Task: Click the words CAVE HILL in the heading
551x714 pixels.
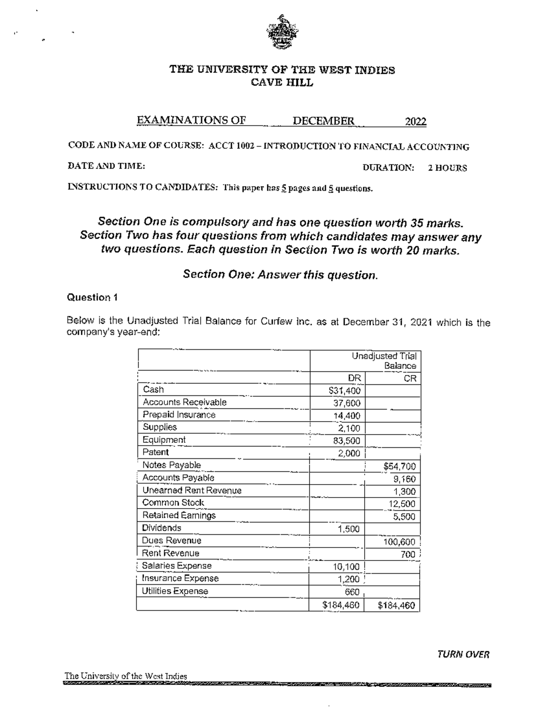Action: point(282,83)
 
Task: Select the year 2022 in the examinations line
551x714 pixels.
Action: point(415,121)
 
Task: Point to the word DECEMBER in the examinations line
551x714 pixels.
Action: point(323,121)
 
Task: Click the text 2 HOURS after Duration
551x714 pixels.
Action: point(447,168)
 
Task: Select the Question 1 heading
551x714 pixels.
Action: point(92,297)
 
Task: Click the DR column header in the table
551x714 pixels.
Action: point(354,378)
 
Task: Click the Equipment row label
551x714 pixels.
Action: point(164,440)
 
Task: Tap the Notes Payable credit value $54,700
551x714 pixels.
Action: point(399,467)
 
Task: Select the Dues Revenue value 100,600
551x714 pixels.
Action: point(399,542)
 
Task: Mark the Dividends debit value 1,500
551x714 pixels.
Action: point(349,529)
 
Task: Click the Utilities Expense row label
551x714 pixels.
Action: point(175,591)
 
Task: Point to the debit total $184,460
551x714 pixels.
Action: point(341,605)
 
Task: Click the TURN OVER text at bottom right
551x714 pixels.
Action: point(463,654)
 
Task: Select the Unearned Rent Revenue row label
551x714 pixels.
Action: point(191,491)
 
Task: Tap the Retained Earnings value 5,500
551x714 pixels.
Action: point(404,517)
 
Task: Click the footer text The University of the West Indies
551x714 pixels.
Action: point(126,676)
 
